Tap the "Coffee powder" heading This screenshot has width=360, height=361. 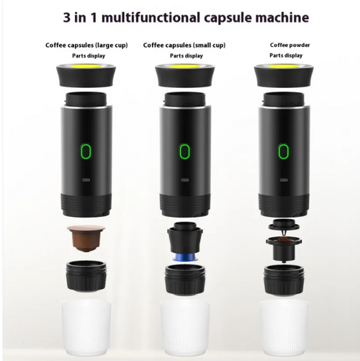tap(289, 45)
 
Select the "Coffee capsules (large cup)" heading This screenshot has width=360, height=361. tap(86, 45)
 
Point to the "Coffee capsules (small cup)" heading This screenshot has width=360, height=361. tap(184, 45)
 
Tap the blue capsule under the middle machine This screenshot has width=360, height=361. tap(184, 257)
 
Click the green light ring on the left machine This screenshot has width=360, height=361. tap(86, 151)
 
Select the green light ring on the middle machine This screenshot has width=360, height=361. tap(184, 151)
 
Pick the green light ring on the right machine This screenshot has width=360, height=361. tap(283, 151)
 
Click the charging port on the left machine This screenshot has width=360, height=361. tap(86, 179)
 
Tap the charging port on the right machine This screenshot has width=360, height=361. tap(284, 179)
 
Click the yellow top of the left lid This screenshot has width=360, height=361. tap(86, 66)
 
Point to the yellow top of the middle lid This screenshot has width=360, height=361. tap(185, 66)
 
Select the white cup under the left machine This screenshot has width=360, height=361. tap(86, 329)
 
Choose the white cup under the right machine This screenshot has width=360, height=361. tap(284, 329)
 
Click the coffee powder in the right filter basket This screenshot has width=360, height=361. tap(284, 239)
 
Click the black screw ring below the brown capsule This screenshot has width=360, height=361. tap(86, 276)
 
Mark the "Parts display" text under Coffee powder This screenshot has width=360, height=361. tap(286, 55)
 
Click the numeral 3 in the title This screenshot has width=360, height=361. tap(67, 18)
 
